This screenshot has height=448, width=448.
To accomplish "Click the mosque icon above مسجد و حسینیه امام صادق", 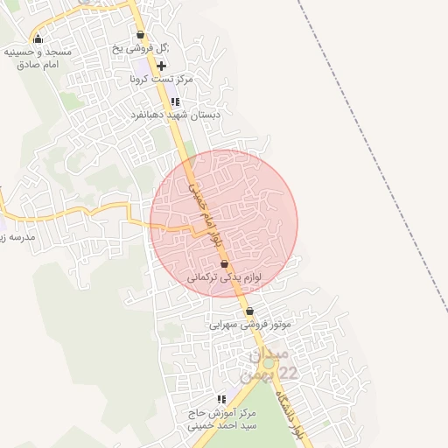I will click(38, 38).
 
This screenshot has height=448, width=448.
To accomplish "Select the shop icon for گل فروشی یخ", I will click(140, 36).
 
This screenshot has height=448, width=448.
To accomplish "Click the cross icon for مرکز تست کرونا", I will click(162, 66).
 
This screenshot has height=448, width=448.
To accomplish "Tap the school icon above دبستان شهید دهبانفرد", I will click(175, 102).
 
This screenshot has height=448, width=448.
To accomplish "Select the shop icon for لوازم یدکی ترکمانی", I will click(225, 263).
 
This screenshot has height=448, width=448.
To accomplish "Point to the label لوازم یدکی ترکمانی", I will click(224, 276).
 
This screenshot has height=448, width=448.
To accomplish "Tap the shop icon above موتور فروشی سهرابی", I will click(250, 311).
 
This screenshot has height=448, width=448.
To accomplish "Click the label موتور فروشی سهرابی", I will click(249, 324).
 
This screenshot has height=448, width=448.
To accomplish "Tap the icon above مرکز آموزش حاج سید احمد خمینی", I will click(221, 399).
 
